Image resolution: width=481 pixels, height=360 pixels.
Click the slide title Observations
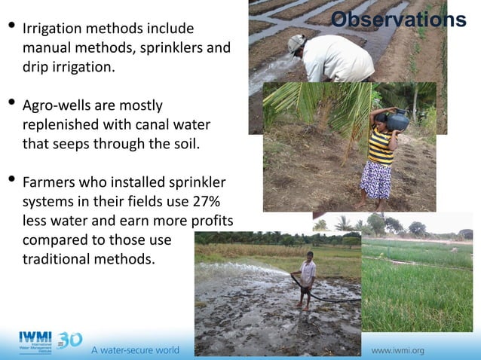click(398, 20)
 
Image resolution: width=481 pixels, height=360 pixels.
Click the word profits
click(207, 221)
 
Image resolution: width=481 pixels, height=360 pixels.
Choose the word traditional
click(57, 259)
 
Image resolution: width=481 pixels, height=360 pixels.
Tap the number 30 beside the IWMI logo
click(69, 340)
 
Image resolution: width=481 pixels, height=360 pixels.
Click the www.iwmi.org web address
click(397, 350)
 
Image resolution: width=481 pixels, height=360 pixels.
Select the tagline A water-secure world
click(135, 350)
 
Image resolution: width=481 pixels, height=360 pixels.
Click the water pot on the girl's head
click(397, 119)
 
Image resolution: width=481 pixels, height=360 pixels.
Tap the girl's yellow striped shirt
click(380, 148)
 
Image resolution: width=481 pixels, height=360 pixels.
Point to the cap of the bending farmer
click(297, 42)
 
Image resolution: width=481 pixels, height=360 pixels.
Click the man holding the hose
click(307, 277)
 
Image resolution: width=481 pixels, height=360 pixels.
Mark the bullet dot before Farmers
click(11, 181)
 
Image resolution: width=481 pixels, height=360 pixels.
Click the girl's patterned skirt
click(375, 180)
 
